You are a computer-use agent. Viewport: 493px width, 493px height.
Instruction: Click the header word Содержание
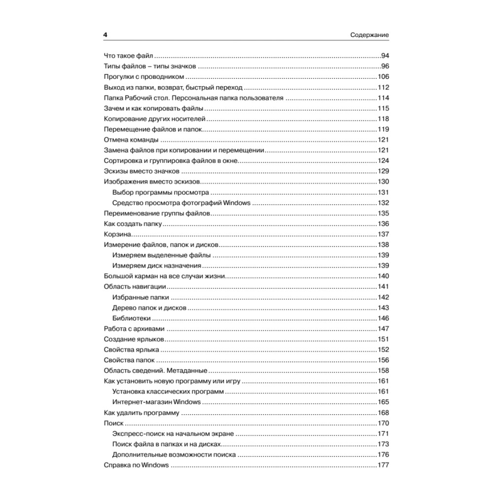(370, 35)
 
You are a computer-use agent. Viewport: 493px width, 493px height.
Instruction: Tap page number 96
(385, 66)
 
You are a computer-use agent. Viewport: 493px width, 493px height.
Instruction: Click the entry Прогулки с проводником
(144, 76)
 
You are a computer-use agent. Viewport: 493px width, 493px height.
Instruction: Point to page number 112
(383, 87)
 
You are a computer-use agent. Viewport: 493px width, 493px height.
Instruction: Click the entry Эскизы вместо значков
(141, 171)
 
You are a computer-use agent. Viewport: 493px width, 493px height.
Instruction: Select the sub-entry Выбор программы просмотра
(161, 192)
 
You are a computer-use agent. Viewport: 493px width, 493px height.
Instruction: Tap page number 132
(383, 203)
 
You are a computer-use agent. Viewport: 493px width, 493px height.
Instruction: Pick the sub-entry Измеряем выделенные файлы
(161, 255)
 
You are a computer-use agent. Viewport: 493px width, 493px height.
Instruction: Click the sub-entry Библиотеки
(131, 318)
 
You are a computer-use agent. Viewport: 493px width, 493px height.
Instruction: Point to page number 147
(383, 329)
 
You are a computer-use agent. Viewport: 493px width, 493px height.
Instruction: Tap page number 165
(383, 402)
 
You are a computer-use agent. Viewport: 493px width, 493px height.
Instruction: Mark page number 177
(383, 465)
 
